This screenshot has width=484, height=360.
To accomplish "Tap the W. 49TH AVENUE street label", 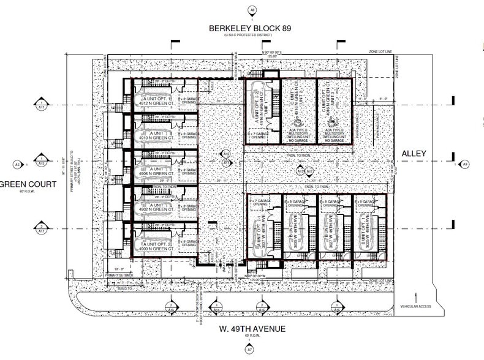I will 251,329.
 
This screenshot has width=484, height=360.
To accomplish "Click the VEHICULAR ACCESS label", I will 416,306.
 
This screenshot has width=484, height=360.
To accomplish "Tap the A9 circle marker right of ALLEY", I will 464,164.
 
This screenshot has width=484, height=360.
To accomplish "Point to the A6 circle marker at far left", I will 18,164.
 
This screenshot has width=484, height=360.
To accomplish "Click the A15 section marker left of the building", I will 41,164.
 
